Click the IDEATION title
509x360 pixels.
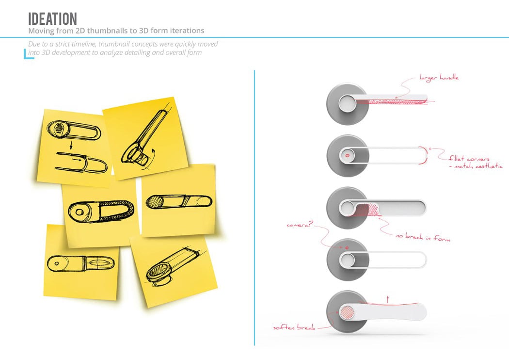[52, 19]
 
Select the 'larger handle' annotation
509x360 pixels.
[439, 78]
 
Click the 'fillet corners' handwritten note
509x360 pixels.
[469, 158]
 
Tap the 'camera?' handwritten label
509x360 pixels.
[299, 225]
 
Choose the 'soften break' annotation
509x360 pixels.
[294, 327]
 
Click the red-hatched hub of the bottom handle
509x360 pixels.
[348, 312]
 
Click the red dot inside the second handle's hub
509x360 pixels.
[348, 155]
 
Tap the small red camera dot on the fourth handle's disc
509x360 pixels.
[347, 248]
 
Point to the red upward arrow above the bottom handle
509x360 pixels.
[388, 299]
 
